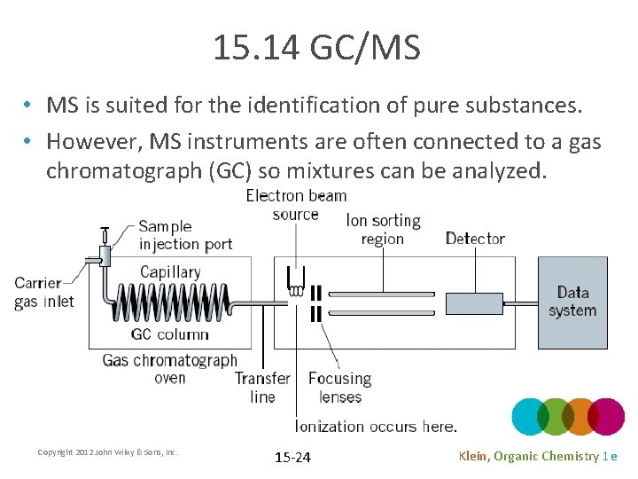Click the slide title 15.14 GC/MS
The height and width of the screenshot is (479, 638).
(x=316, y=48)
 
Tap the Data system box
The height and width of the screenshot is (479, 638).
(x=572, y=302)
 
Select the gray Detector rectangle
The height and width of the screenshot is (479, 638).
(x=473, y=303)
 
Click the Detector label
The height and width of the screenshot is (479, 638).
(x=475, y=238)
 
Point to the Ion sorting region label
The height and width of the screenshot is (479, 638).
(x=383, y=230)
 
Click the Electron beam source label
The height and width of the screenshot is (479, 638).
(x=296, y=205)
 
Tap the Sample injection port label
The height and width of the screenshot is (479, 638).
(x=185, y=235)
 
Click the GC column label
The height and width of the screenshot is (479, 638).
(x=169, y=334)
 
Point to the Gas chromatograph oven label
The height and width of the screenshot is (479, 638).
(x=170, y=369)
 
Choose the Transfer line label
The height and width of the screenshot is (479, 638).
(x=262, y=388)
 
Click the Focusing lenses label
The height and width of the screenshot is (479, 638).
(x=339, y=388)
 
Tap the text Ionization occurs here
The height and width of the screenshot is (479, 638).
(x=376, y=427)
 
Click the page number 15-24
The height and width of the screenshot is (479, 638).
(x=292, y=458)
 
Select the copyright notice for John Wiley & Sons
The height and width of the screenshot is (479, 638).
(x=108, y=452)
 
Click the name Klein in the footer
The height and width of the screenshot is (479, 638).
(x=473, y=456)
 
